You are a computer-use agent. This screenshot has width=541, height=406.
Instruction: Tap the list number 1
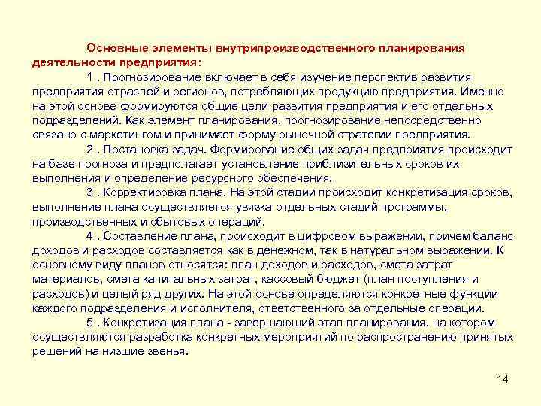point(90,77)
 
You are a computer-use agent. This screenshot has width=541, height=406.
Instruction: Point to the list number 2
point(90,150)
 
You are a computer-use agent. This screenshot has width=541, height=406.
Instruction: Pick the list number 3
point(90,193)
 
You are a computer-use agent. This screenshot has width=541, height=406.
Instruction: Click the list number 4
point(90,236)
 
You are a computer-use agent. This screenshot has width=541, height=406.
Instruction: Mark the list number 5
point(90,323)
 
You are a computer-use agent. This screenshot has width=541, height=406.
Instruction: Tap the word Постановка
point(138,150)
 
